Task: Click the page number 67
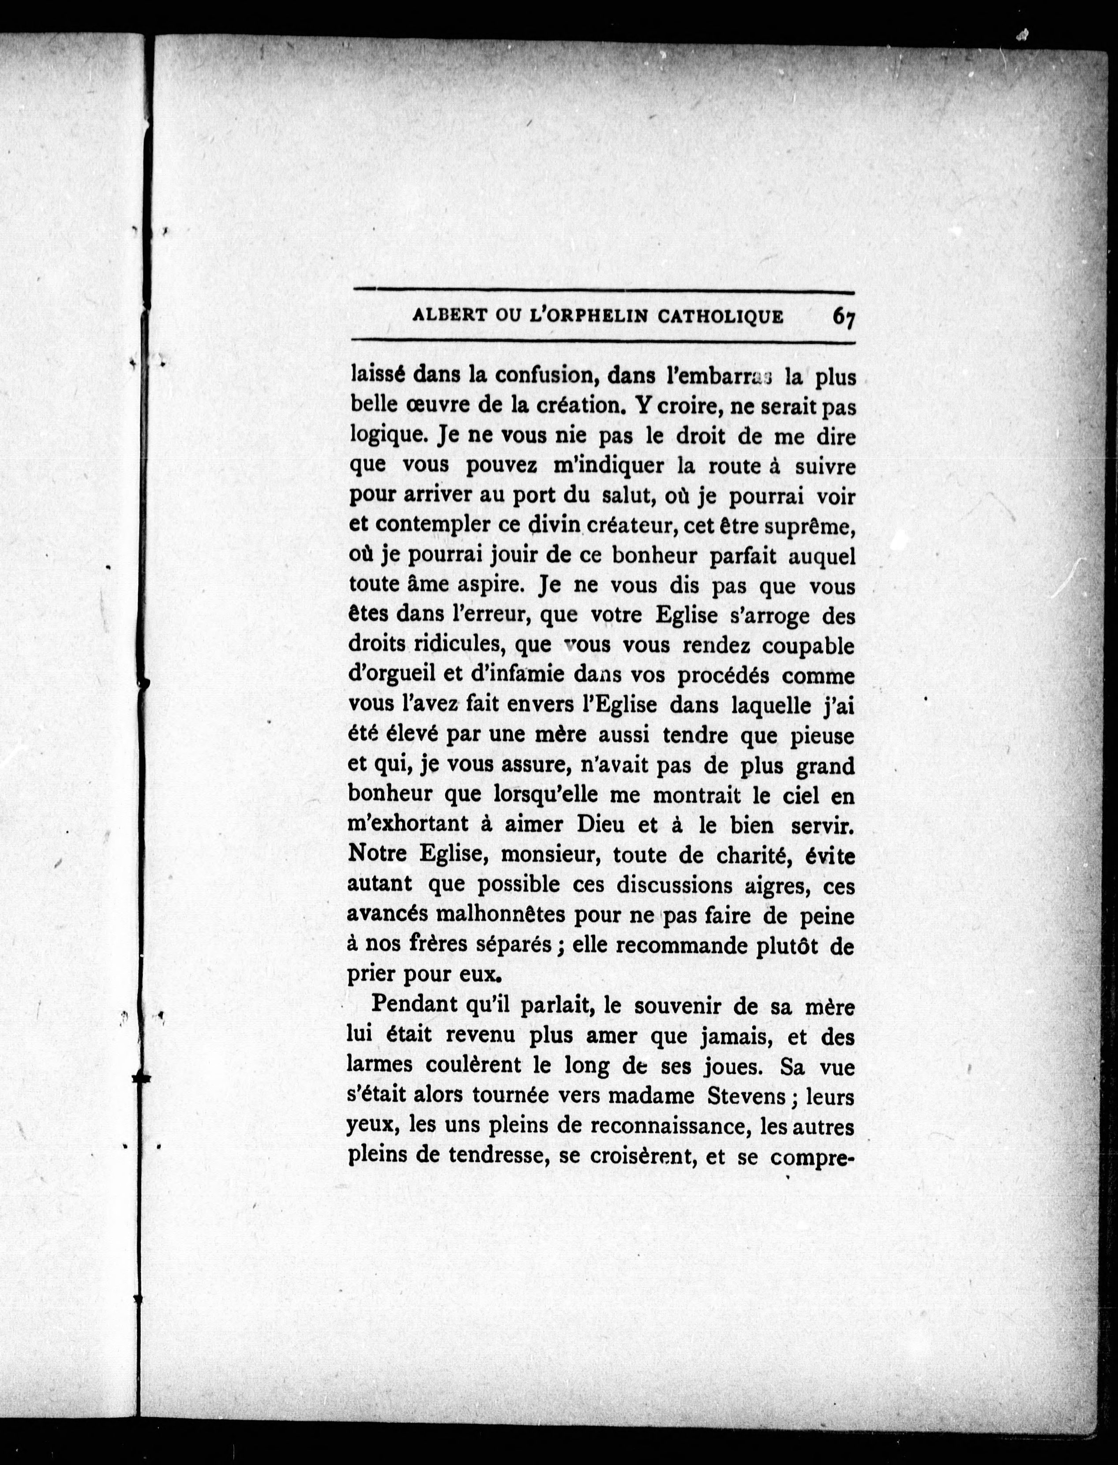click(843, 318)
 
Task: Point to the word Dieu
click(602, 825)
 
